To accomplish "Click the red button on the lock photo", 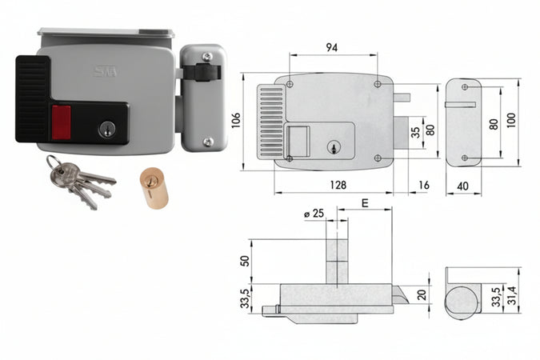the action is pyautogui.click(x=62, y=122).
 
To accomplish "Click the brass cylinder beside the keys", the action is pyautogui.click(x=154, y=187).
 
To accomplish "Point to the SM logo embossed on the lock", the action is pyautogui.click(x=106, y=71).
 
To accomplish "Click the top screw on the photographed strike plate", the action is pyautogui.click(x=207, y=57).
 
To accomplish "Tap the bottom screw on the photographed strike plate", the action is pyautogui.click(x=208, y=142).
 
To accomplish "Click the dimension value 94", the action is pyautogui.click(x=332, y=47).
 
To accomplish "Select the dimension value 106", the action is pyautogui.click(x=236, y=120).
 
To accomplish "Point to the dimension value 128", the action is pyautogui.click(x=338, y=185).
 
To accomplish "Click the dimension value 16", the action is pyautogui.click(x=423, y=185).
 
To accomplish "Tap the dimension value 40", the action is pyautogui.click(x=462, y=186).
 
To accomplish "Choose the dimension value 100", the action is pyautogui.click(x=511, y=120).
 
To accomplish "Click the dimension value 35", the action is pyautogui.click(x=416, y=133).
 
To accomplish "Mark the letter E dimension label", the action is pyautogui.click(x=365, y=203).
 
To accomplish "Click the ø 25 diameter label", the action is pyautogui.click(x=314, y=214).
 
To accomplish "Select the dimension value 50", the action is pyautogui.click(x=244, y=261).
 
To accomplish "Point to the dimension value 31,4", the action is pyautogui.click(x=513, y=295).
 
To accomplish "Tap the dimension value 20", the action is pyautogui.click(x=422, y=295).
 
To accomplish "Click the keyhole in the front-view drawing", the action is pyautogui.click(x=333, y=147).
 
